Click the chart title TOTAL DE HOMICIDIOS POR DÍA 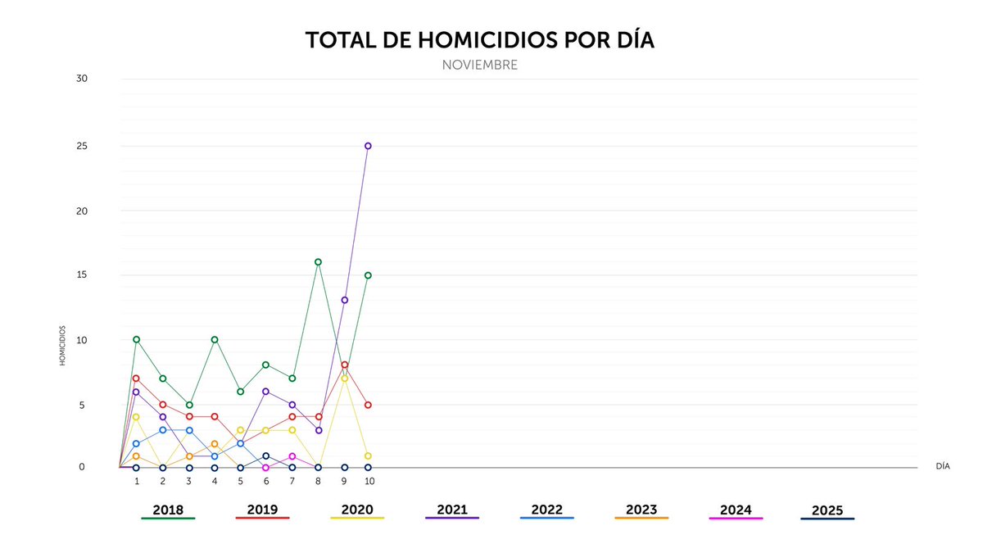pos(479,40)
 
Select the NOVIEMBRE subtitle pos(479,65)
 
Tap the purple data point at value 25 pos(368,146)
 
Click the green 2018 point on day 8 pos(318,262)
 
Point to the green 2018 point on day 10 pos(368,275)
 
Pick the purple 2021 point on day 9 pos(345,300)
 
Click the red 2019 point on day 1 pos(136,378)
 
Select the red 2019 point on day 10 pos(368,405)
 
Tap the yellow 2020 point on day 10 pos(368,456)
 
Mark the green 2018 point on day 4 pos(215,339)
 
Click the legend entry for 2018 pos(168,510)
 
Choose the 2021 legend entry pos(452,510)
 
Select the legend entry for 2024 pos(736,510)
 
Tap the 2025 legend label pos(827,510)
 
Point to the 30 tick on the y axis pos(82,79)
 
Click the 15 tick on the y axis pos(82,275)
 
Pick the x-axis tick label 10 pos(369,481)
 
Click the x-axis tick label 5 pos(240,481)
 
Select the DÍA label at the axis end pos(943,465)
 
